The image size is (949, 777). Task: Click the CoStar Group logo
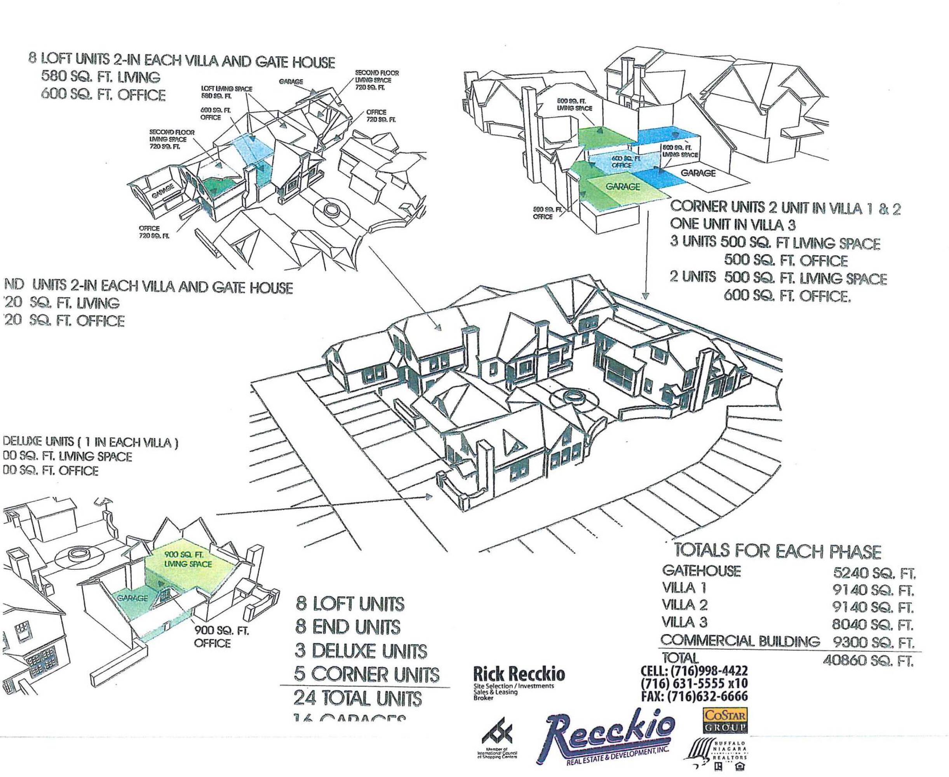click(725, 720)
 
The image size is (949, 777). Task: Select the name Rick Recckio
click(519, 674)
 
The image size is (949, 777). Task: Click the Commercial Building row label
click(740, 641)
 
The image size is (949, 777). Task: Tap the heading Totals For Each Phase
click(777, 551)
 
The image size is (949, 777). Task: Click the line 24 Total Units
click(357, 699)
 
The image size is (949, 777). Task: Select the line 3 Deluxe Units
click(360, 651)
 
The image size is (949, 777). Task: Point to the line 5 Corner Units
click(366, 674)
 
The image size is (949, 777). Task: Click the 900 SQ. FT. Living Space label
click(188, 559)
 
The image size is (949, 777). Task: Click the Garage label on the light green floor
click(623, 186)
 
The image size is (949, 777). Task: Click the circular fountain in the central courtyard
click(571, 395)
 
